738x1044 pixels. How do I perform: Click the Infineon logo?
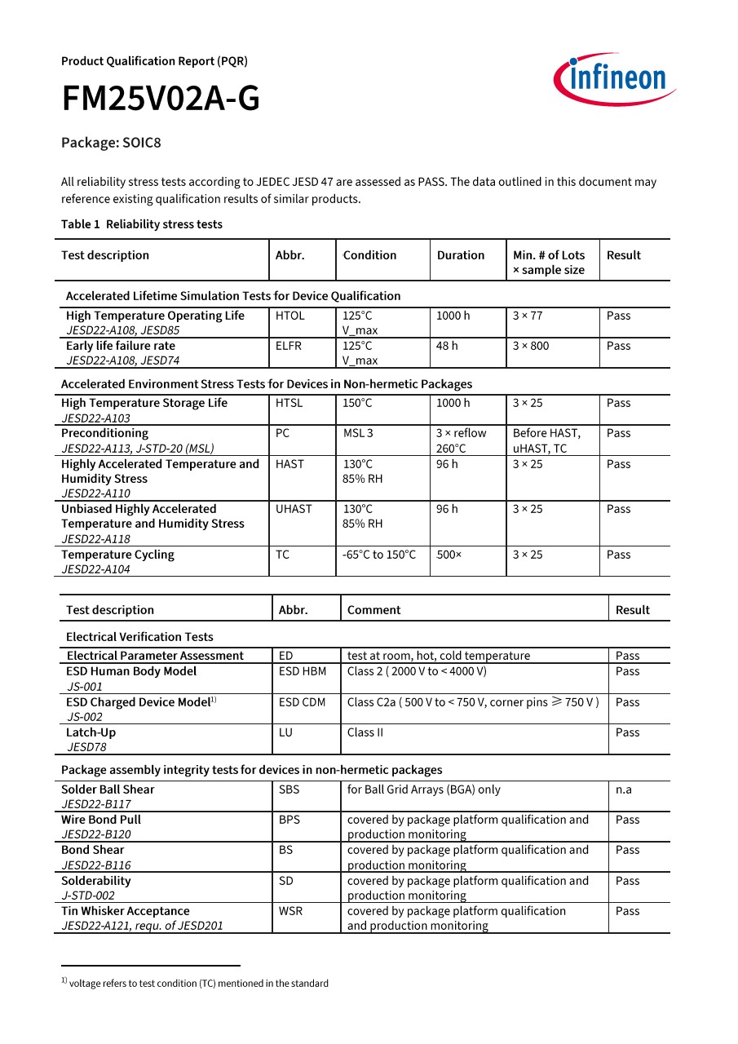pos(615,79)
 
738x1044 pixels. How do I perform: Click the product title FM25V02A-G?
pos(161,100)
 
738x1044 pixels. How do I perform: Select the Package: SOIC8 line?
pos(111,143)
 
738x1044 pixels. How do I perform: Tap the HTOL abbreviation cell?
pos(289,316)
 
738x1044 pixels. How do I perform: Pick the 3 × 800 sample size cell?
pos(530,346)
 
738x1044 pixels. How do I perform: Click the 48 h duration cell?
pos(447,346)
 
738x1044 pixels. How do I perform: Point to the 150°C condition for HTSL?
pos(357,403)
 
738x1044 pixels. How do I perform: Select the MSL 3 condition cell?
pos(357,433)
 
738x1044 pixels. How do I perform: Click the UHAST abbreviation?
pos(294,509)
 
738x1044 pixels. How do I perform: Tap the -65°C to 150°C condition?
pos(379,555)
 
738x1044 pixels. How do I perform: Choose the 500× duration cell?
pos(449,555)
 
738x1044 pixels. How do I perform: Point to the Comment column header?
pos(373,610)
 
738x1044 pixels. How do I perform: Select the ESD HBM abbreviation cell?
pos(302,671)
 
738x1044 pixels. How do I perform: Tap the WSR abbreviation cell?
pos(290,911)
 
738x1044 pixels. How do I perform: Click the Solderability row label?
pos(95,881)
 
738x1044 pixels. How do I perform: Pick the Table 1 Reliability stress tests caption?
pos(141,224)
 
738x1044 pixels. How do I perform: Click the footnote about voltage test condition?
pos(195,983)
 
